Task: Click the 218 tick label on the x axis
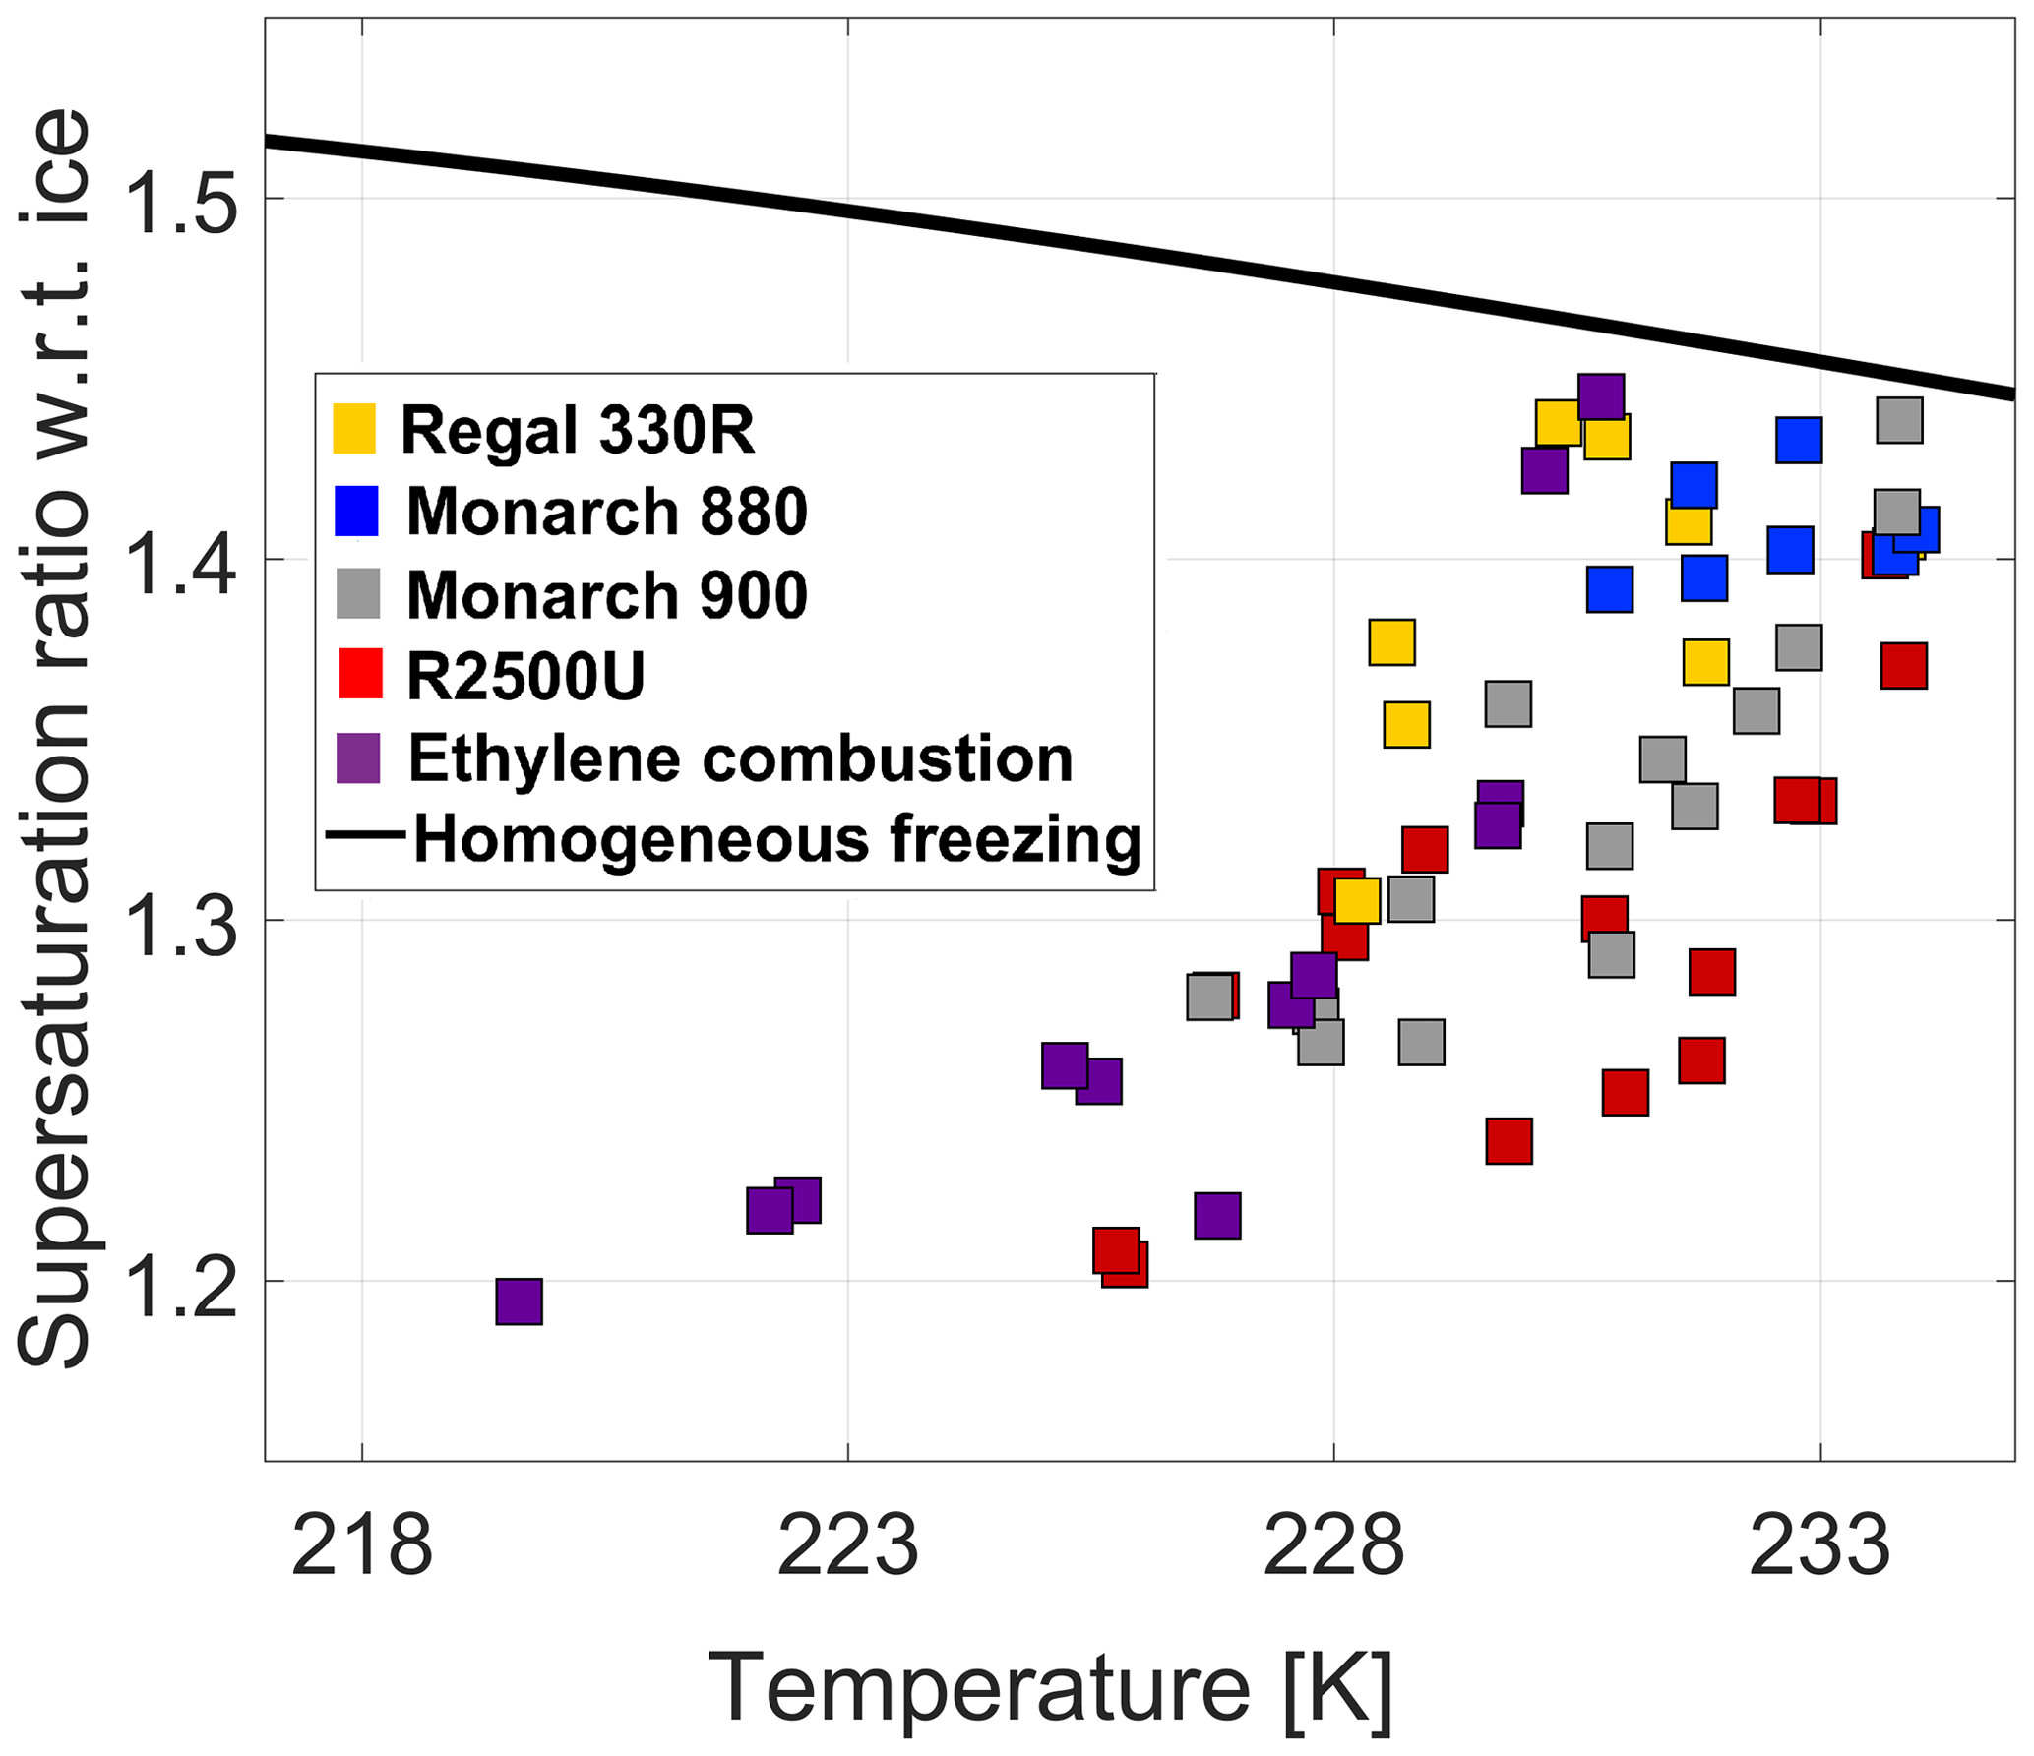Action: pos(361,1546)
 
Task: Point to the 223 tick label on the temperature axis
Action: pos(847,1546)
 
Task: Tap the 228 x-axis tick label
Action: pos(1332,1546)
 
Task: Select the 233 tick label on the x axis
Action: pos(1818,1546)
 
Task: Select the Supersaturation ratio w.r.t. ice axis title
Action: pos(54,738)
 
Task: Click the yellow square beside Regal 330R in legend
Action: pos(354,429)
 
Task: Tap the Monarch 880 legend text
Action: pos(606,512)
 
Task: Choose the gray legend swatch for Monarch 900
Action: pos(358,594)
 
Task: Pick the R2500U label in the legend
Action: pos(525,676)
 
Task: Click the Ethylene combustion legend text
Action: pos(740,758)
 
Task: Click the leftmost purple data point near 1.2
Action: pos(519,1302)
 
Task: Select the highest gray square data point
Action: pos(1899,420)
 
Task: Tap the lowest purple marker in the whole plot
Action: pos(519,1302)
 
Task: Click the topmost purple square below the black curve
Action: pos(1601,396)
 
